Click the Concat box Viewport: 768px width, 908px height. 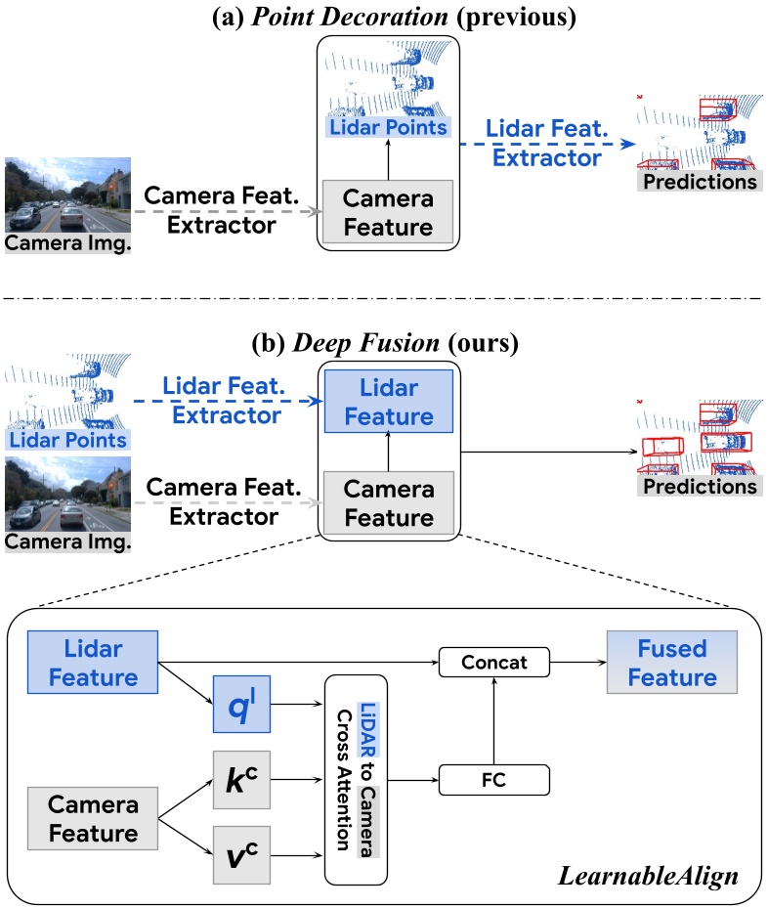(494, 662)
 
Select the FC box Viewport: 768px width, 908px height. (494, 780)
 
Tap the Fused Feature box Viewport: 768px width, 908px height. (672, 663)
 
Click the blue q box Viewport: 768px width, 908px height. (241, 704)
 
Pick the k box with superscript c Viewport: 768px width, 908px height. (241, 780)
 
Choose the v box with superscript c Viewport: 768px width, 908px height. (241, 855)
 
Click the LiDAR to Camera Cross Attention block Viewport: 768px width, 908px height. (356, 780)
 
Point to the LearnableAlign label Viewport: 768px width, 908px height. (648, 877)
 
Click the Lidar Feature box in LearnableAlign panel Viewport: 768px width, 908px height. (93, 663)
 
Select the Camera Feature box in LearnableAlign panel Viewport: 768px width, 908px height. (93, 819)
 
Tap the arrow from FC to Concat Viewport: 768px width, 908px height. (494, 721)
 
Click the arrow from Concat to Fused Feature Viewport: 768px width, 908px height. (578, 662)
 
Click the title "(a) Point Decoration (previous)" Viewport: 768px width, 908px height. (394, 17)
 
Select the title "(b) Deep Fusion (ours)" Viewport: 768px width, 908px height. (385, 343)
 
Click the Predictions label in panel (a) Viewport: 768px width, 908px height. (700, 181)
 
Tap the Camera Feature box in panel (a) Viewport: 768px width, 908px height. (388, 212)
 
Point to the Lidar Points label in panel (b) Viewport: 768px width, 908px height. (67, 440)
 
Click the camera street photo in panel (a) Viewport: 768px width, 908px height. (67, 195)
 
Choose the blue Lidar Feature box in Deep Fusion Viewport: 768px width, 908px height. (388, 402)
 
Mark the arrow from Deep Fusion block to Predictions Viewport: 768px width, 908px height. (549, 453)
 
